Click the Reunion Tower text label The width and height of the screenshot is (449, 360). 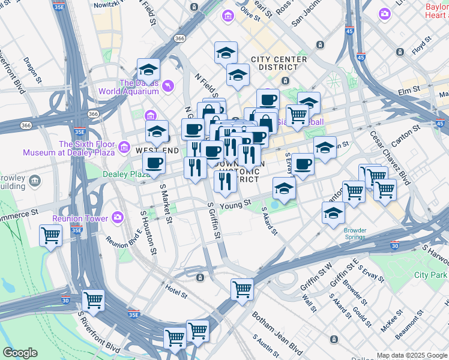(80, 218)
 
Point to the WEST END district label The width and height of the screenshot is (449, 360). (158, 150)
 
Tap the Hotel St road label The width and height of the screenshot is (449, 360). (176, 295)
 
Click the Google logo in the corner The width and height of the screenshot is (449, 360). (20, 353)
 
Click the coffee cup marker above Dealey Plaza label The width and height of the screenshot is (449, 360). (154, 163)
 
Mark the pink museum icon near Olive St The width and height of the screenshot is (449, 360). (228, 14)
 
